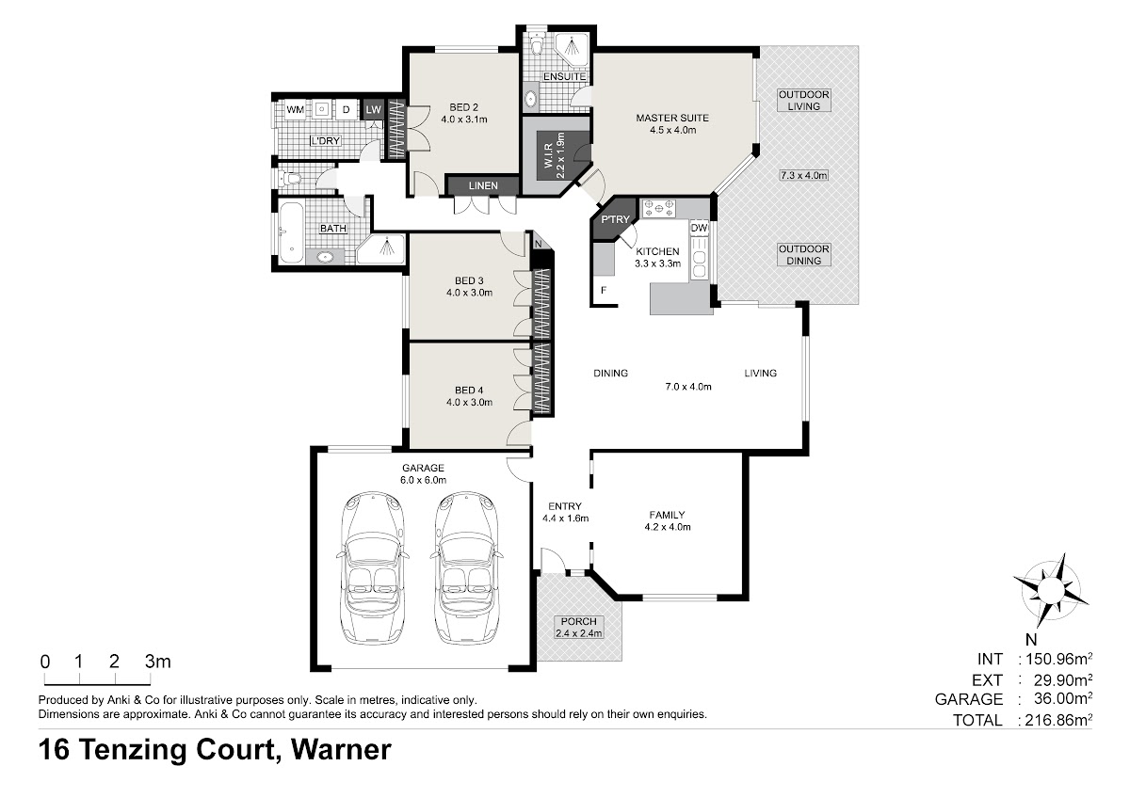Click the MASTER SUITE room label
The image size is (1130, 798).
672,118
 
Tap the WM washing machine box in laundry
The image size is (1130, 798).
296,110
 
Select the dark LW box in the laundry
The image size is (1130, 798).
373,109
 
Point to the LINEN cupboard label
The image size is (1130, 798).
483,186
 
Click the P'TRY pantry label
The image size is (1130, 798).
616,219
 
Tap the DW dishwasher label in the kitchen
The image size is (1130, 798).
700,228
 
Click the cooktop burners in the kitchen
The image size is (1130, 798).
658,209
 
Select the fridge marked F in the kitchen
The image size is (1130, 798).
604,291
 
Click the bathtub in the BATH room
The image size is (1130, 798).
291,232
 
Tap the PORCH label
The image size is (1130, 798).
578,622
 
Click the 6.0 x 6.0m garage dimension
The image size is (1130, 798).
423,480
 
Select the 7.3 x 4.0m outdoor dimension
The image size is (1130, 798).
804,175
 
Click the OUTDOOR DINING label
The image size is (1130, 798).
804,255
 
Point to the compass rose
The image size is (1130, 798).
1051,589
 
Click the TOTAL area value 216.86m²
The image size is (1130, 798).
1058,720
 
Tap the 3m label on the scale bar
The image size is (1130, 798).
158,661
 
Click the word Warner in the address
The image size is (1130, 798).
341,749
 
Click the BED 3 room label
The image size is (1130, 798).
469,280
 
